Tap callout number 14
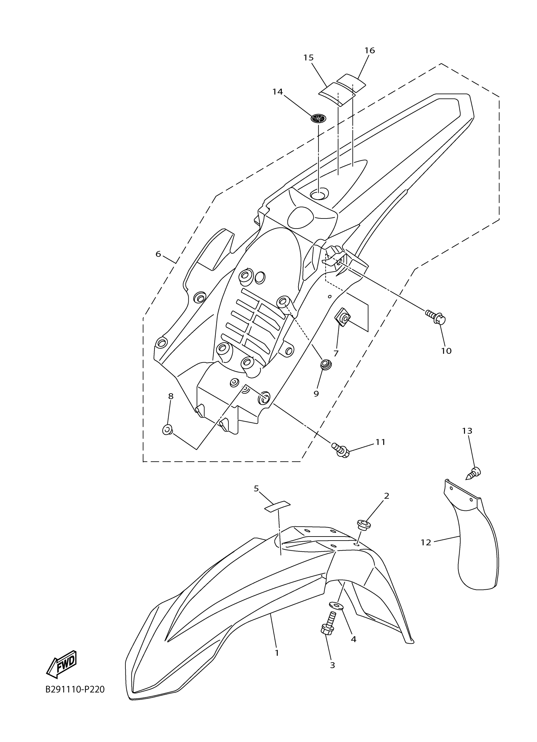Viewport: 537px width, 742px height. click(277, 92)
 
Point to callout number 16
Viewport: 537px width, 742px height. click(370, 50)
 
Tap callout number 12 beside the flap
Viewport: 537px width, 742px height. click(426, 543)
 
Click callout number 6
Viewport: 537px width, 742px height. click(158, 254)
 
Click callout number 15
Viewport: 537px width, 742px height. click(308, 58)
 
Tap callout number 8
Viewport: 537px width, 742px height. click(171, 396)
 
